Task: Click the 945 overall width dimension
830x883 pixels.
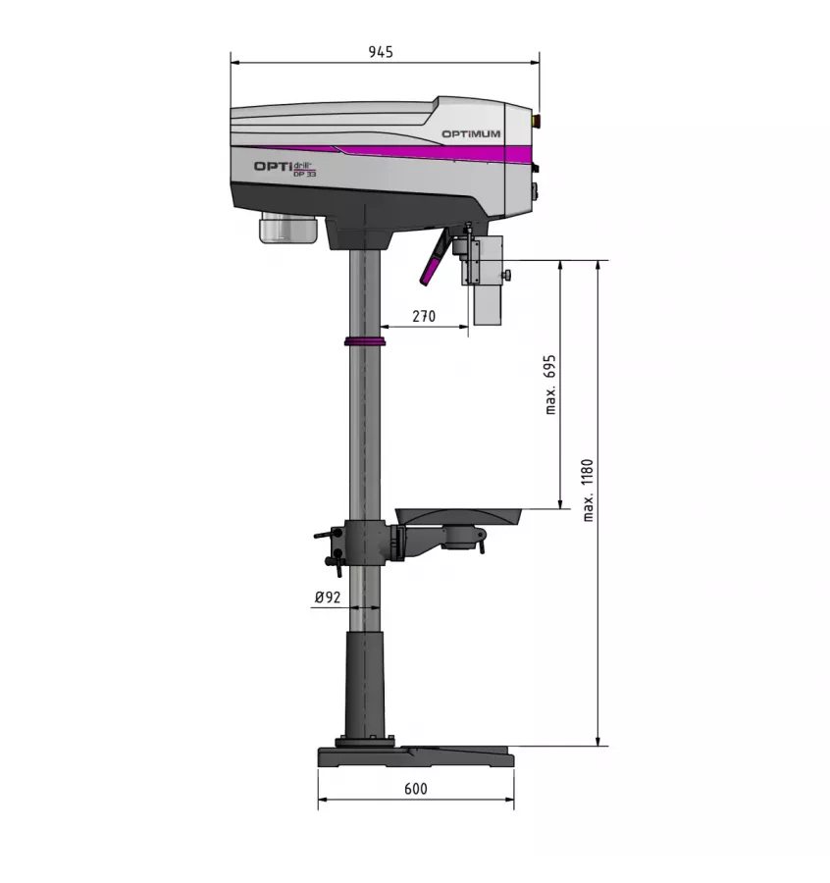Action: (x=381, y=53)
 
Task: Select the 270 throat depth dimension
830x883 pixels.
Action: (x=423, y=316)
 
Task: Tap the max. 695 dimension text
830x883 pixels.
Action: (x=550, y=385)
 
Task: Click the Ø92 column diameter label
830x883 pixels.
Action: (x=327, y=597)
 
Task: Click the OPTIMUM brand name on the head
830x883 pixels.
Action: (x=470, y=134)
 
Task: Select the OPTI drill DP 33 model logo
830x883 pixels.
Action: (x=285, y=168)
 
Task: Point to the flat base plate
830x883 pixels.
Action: (x=415, y=756)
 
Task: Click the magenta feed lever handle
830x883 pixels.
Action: (x=433, y=262)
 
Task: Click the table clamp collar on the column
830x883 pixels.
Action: (x=365, y=543)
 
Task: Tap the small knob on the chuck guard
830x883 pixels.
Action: (x=509, y=276)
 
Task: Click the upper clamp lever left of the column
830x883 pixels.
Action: (x=324, y=536)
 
